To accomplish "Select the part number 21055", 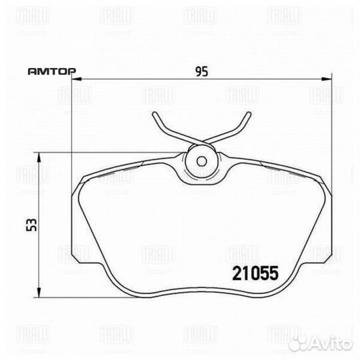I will [x=255, y=273].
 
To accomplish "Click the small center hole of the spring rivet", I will [x=201, y=161].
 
